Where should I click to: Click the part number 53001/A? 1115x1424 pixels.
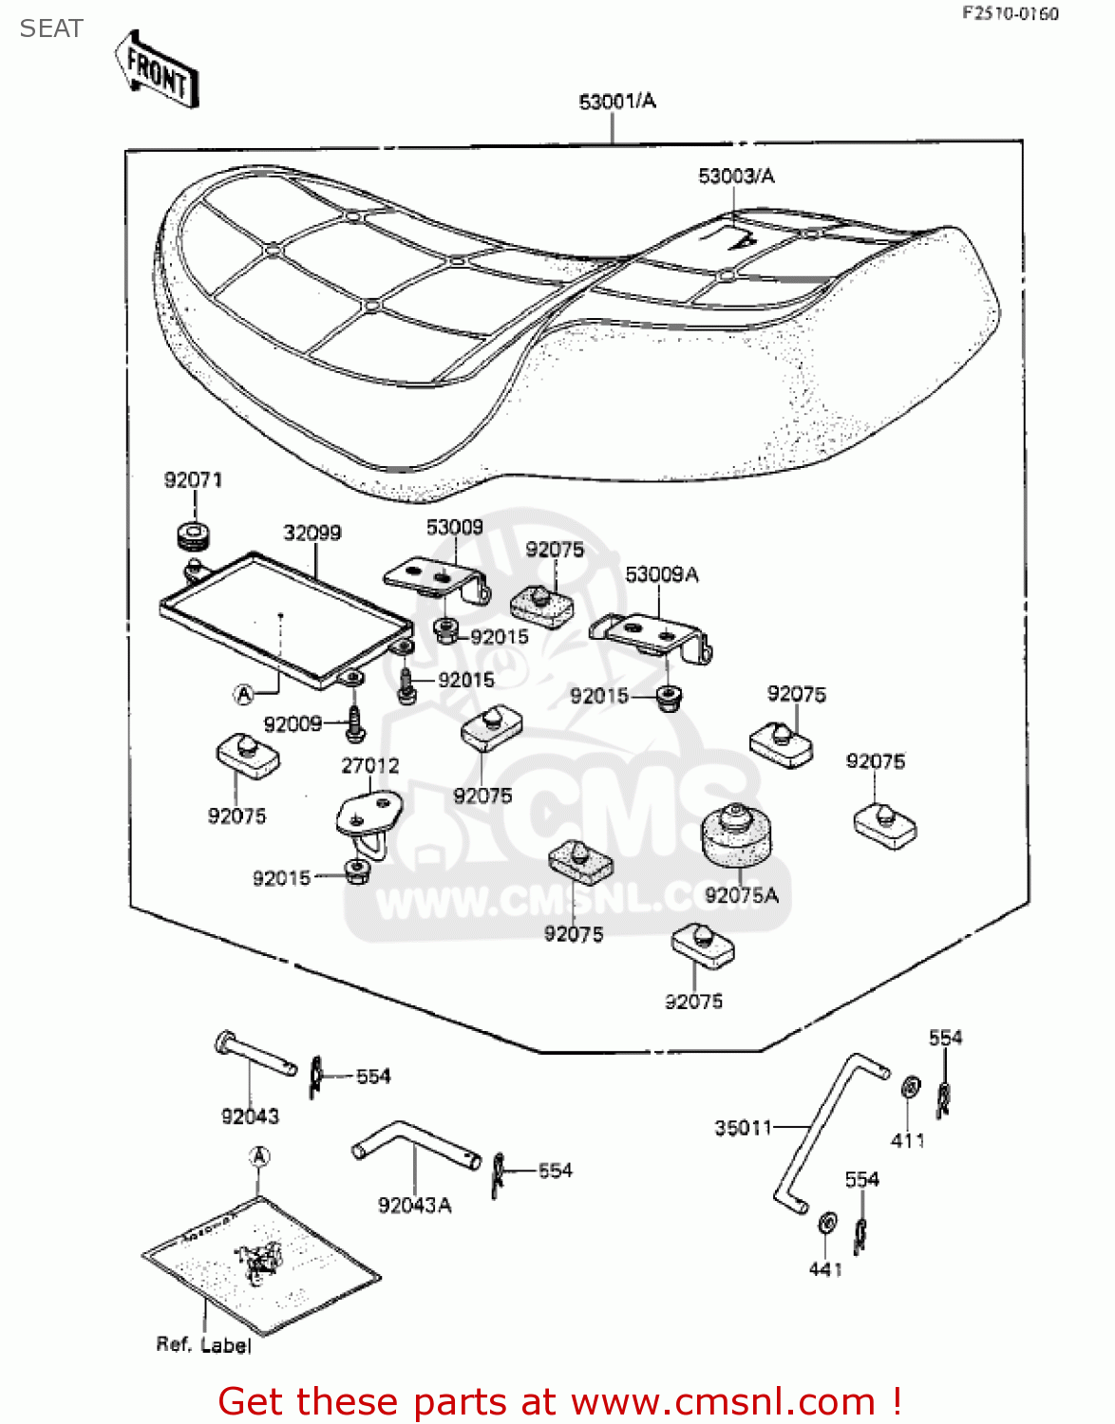(x=617, y=102)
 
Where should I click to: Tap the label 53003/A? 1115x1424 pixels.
(x=736, y=177)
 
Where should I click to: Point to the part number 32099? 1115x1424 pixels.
(x=312, y=534)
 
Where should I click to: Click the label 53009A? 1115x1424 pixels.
(x=662, y=575)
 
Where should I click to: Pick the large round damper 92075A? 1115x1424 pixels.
(x=735, y=836)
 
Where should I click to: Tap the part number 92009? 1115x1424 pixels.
(x=293, y=724)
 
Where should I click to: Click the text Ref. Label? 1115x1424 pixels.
(x=203, y=1345)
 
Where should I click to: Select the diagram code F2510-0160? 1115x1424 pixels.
(x=1011, y=13)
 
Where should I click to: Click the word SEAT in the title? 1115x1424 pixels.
(x=51, y=29)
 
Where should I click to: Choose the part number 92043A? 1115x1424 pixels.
(x=415, y=1206)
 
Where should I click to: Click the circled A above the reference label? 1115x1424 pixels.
(x=259, y=1157)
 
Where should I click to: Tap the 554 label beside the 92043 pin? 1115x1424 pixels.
(x=373, y=1077)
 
